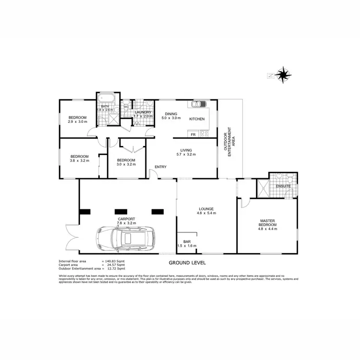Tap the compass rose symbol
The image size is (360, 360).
(284, 74)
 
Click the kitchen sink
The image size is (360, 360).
(199, 104)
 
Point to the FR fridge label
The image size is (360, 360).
(192, 134)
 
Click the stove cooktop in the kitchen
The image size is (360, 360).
(204, 133)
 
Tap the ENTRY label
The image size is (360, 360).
(160, 167)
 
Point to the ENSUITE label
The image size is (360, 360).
(283, 186)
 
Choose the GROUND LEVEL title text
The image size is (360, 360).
(187, 263)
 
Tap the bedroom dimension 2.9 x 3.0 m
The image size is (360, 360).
(77, 122)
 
